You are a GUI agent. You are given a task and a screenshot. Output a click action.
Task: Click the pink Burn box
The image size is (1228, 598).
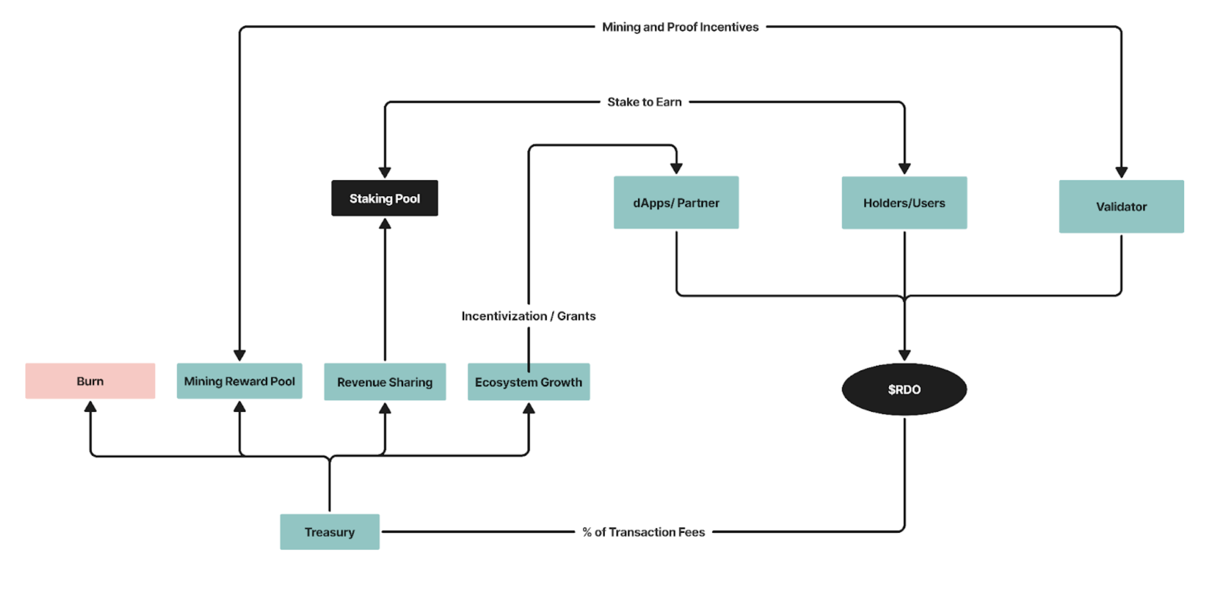[x=90, y=380]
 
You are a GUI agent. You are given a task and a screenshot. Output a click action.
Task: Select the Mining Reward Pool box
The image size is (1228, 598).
[x=239, y=380]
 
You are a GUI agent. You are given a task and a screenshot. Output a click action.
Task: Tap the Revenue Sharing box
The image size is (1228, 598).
[x=385, y=381]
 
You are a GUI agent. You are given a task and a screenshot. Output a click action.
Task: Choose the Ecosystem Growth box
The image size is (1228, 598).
[x=528, y=381]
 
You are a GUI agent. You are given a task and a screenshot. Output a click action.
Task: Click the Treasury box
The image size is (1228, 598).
[x=329, y=531]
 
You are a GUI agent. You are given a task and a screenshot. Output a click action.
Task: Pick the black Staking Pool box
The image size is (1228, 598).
[x=384, y=198]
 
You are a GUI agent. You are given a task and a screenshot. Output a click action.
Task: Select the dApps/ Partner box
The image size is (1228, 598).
[x=676, y=203]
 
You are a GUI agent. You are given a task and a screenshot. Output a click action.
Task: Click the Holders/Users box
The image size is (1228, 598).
[x=904, y=203]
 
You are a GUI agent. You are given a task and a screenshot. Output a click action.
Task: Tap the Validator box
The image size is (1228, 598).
[x=1121, y=206]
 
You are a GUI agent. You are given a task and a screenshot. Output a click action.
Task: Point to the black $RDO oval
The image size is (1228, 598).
[x=904, y=389]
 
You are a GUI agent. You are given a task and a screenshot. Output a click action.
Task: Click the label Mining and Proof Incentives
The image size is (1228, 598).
[x=680, y=27]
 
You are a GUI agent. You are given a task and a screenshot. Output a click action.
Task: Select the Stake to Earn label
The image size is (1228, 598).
[x=644, y=102]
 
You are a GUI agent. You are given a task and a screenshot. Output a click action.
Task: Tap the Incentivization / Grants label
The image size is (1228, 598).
[x=528, y=316]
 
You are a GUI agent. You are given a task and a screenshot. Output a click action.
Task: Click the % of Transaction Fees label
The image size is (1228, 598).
[x=643, y=532]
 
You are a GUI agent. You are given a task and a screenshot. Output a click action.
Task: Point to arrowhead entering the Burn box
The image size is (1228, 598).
[x=90, y=406]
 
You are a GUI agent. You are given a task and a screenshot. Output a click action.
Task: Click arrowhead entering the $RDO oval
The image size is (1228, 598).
[x=904, y=355]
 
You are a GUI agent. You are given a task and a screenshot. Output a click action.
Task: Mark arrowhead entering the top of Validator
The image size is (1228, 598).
[x=1121, y=172]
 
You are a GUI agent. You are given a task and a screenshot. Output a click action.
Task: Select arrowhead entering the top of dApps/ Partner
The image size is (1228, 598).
[x=676, y=168]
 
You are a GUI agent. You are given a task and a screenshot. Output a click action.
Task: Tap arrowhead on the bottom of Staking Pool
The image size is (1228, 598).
[x=385, y=224]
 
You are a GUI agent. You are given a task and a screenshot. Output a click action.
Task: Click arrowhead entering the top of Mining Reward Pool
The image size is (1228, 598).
[x=239, y=355]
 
